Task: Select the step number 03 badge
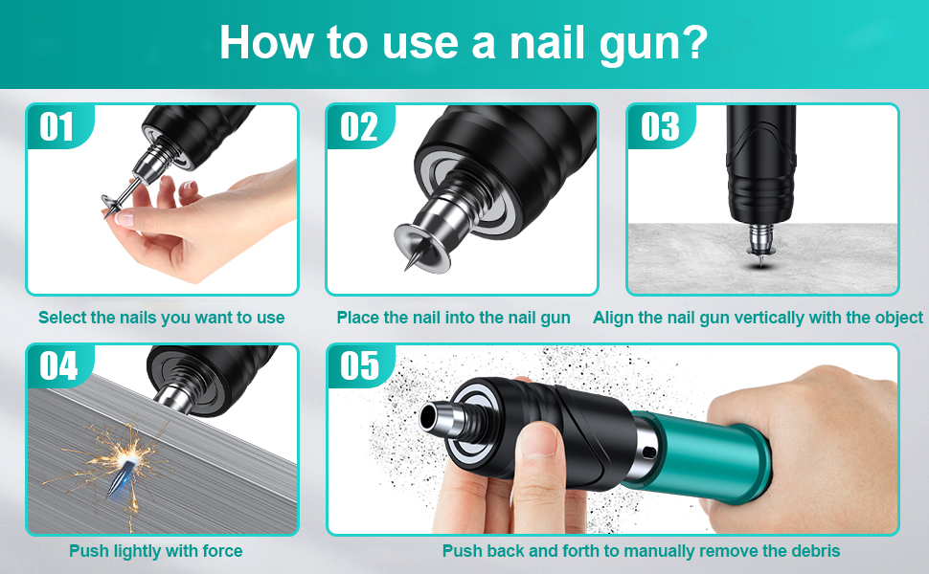[x=659, y=126]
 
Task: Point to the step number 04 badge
[x=58, y=366]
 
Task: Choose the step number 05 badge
[x=359, y=366]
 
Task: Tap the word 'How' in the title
[x=266, y=43]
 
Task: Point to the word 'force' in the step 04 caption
[x=223, y=551]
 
